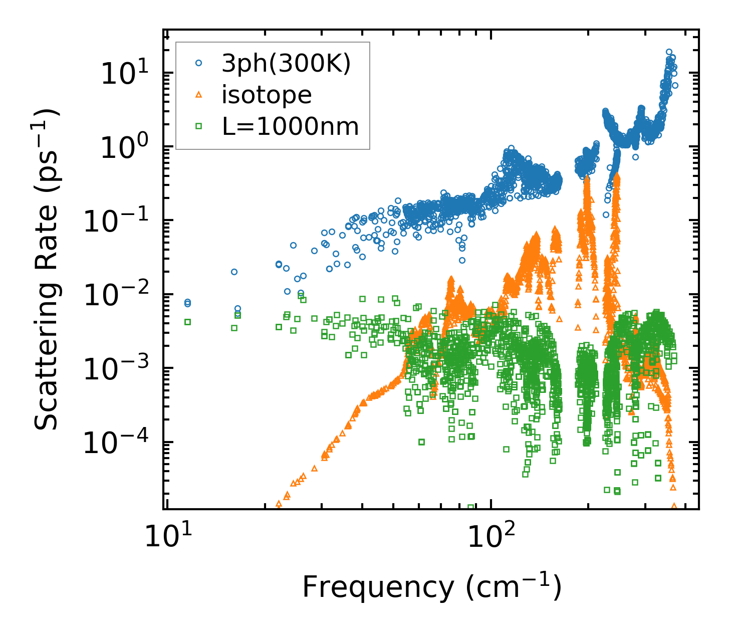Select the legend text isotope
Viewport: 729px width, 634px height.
[x=267, y=95]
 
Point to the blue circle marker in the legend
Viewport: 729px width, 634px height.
[x=199, y=63]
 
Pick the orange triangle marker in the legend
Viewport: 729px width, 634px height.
[x=199, y=94]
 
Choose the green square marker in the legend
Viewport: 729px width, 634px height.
[x=199, y=126]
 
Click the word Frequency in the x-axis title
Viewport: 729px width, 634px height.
[x=377, y=587]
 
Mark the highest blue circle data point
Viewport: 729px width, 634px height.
[x=669, y=52]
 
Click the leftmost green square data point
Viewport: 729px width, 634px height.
[x=188, y=322]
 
